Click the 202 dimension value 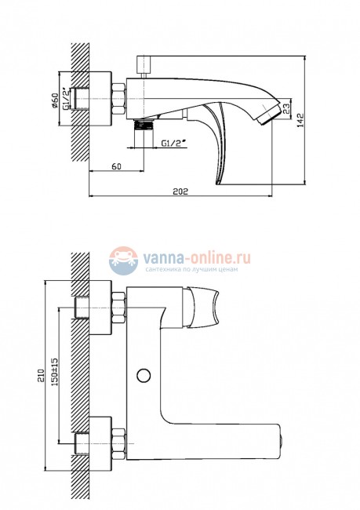click(180, 191)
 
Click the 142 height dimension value click(300, 120)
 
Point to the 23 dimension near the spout click(286, 108)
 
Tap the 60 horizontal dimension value click(116, 166)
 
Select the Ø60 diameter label click(55, 100)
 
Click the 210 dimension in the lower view click(40, 376)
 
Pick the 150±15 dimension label click(54, 372)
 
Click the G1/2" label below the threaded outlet click(173, 143)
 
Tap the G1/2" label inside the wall click(67, 99)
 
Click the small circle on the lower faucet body click(144, 375)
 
